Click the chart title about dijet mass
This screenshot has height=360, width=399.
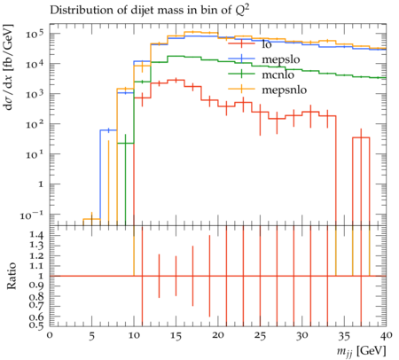[150, 11]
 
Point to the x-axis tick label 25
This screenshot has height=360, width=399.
[260, 336]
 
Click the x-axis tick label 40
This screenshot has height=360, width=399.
[387, 335]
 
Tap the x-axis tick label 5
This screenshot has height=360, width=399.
[92, 336]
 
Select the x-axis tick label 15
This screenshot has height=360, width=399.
[176, 336]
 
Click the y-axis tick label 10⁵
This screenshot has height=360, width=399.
[35, 34]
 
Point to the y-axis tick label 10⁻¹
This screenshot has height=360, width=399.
[32, 215]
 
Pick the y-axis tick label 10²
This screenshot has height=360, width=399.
[35, 124]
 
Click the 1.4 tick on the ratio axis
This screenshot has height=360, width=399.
[37, 236]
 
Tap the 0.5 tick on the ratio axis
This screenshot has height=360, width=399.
[37, 325]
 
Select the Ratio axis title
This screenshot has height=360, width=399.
[12, 276]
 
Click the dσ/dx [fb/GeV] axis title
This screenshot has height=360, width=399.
[9, 67]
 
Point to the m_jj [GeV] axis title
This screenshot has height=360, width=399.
[362, 351]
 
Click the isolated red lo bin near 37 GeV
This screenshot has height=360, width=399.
[361, 137]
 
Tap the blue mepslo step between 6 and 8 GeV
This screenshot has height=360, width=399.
[108, 130]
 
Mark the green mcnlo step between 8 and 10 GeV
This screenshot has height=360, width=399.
[125, 144]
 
